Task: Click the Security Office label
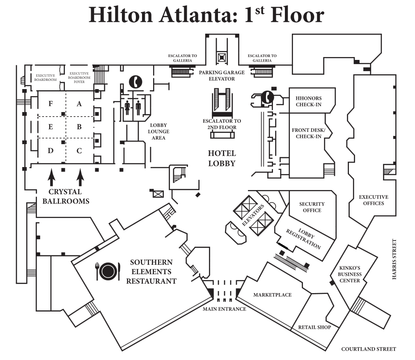[312, 207]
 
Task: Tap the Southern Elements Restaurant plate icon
[108, 271]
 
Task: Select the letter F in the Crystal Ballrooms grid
[50, 103]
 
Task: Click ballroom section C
[79, 151]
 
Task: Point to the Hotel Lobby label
[222, 158]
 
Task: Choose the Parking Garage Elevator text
[222, 76]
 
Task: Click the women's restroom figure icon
[127, 107]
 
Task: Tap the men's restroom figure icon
[138, 107]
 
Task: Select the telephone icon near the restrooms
[135, 82]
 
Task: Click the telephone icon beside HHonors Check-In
[268, 97]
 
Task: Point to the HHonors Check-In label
[309, 101]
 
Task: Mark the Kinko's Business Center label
[350, 274]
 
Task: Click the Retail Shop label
[314, 327]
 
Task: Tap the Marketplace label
[272, 295]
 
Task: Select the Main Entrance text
[225, 309]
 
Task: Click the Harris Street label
[394, 259]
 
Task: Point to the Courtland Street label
[369, 349]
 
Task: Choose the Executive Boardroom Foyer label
[79, 78]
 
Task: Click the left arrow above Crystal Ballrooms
[52, 178]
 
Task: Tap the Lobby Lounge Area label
[158, 131]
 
